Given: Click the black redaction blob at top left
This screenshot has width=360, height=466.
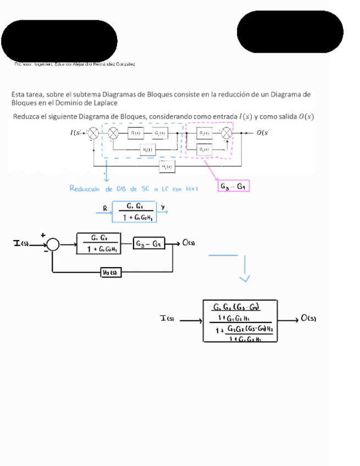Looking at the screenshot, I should (59, 41).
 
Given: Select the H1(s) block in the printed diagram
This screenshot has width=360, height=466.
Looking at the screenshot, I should (147, 149).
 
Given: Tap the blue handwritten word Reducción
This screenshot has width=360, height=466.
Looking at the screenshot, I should (85, 188).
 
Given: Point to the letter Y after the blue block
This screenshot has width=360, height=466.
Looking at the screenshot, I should (163, 207).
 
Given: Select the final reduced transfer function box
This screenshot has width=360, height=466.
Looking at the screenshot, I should (240, 321).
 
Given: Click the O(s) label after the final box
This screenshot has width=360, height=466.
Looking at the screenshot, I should (308, 318).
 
